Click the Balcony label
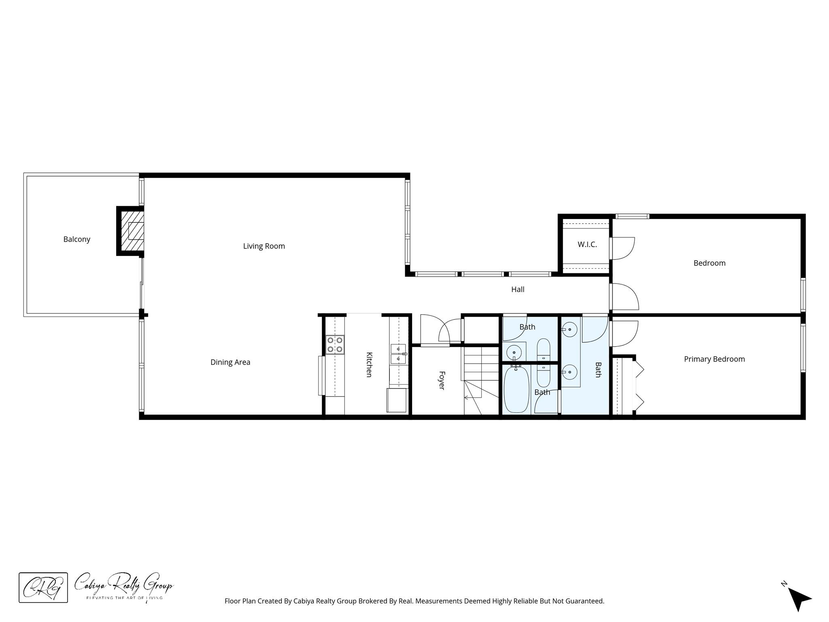tap(77, 239)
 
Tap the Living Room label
tap(264, 246)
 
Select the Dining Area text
tap(230, 362)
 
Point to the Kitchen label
tap(369, 364)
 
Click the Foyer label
tap(442, 380)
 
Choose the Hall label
tap(518, 290)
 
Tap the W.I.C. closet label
tap(587, 245)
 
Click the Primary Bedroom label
tap(714, 359)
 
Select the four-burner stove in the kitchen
tap(335, 345)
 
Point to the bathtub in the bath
tap(517, 389)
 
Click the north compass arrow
tap(798, 599)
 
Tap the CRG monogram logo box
tap(43, 587)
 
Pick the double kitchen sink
tap(398, 354)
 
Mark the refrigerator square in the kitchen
tap(397, 400)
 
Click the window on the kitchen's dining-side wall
tap(321, 375)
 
